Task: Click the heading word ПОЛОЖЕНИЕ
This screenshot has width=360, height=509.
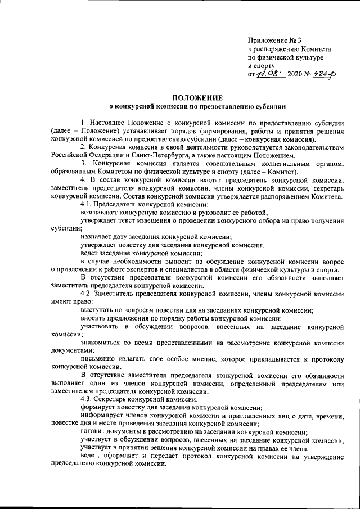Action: (197, 97)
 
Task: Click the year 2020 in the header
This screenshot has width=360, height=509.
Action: (294, 74)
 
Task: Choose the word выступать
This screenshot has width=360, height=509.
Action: (97, 310)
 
